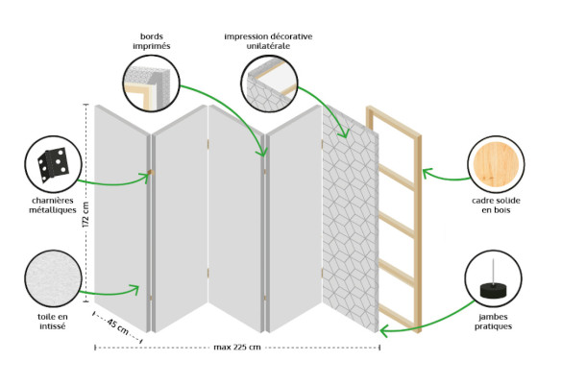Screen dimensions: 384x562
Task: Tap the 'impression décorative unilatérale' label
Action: pyautogui.click(x=268, y=42)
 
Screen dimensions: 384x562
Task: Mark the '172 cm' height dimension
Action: pyautogui.click(x=86, y=215)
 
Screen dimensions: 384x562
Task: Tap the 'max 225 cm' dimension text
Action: pyautogui.click(x=236, y=347)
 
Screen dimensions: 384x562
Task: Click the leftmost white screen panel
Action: pyautogui.click(x=120, y=216)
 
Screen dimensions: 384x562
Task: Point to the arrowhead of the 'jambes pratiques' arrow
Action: pyautogui.click(x=384, y=330)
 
